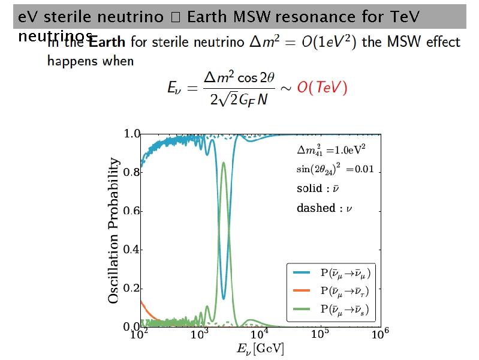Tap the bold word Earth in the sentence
(108, 42)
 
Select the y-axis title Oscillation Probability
(113, 230)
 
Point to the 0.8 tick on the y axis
(131, 173)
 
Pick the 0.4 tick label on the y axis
(131, 250)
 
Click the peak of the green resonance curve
(224, 163)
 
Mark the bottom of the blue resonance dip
(224, 298)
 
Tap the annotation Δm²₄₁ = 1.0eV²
(332, 149)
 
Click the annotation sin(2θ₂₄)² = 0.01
(335, 169)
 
